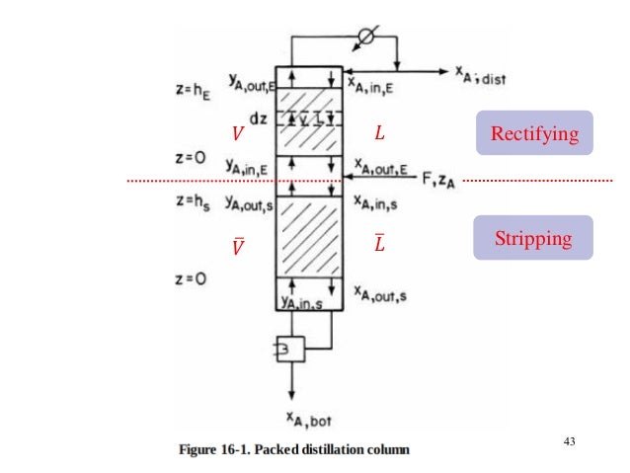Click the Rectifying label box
[534, 132]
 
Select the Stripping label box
[533, 238]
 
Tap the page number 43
[569, 440]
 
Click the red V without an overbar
[234, 133]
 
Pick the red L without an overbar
[380, 133]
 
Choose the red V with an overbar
[236, 247]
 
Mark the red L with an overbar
[380, 243]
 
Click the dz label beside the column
[258, 118]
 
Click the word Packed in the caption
[287, 450]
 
